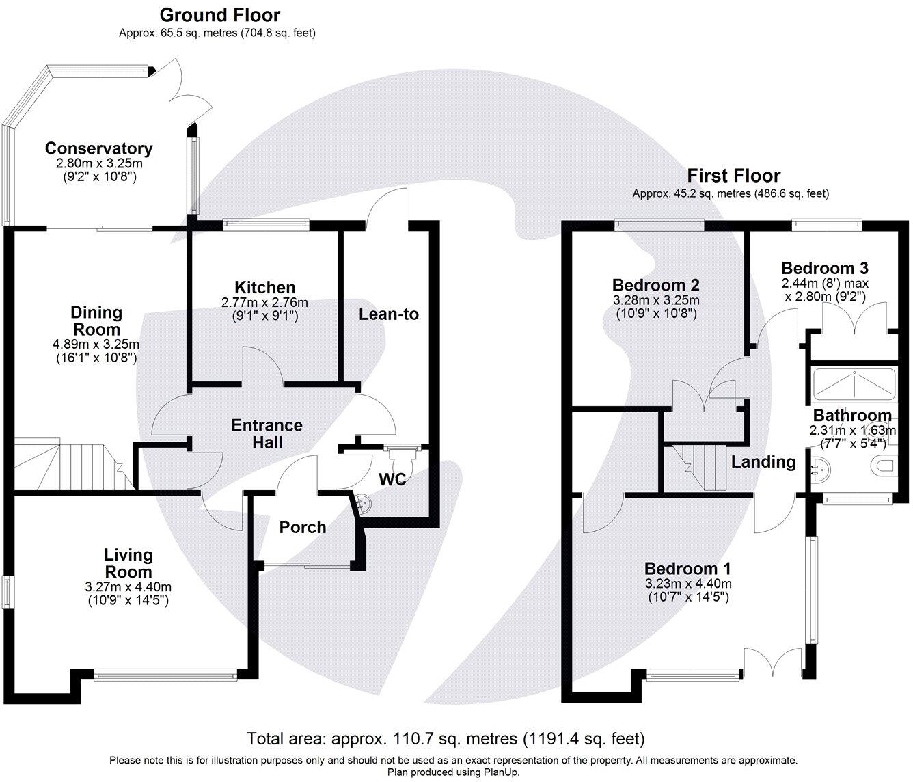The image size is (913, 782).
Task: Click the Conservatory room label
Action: tap(98, 148)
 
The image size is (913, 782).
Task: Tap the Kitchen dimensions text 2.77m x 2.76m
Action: tap(264, 302)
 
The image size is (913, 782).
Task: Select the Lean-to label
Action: tap(388, 314)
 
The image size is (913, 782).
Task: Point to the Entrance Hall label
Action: tap(267, 433)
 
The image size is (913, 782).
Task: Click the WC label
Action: tap(393, 479)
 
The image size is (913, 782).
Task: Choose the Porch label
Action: tap(303, 527)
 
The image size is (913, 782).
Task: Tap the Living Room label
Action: tap(128, 563)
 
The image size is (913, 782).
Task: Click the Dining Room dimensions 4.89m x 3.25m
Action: tap(96, 344)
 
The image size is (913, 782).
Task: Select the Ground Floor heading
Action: tap(219, 14)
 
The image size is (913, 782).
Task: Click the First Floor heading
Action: tap(733, 176)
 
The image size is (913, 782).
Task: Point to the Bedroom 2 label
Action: tap(655, 285)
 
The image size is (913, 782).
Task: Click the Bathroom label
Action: tap(851, 415)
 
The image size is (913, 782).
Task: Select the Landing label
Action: tap(763, 462)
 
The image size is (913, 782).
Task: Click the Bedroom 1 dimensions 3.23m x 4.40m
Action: tap(687, 584)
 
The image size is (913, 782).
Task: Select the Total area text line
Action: tap(446, 738)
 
